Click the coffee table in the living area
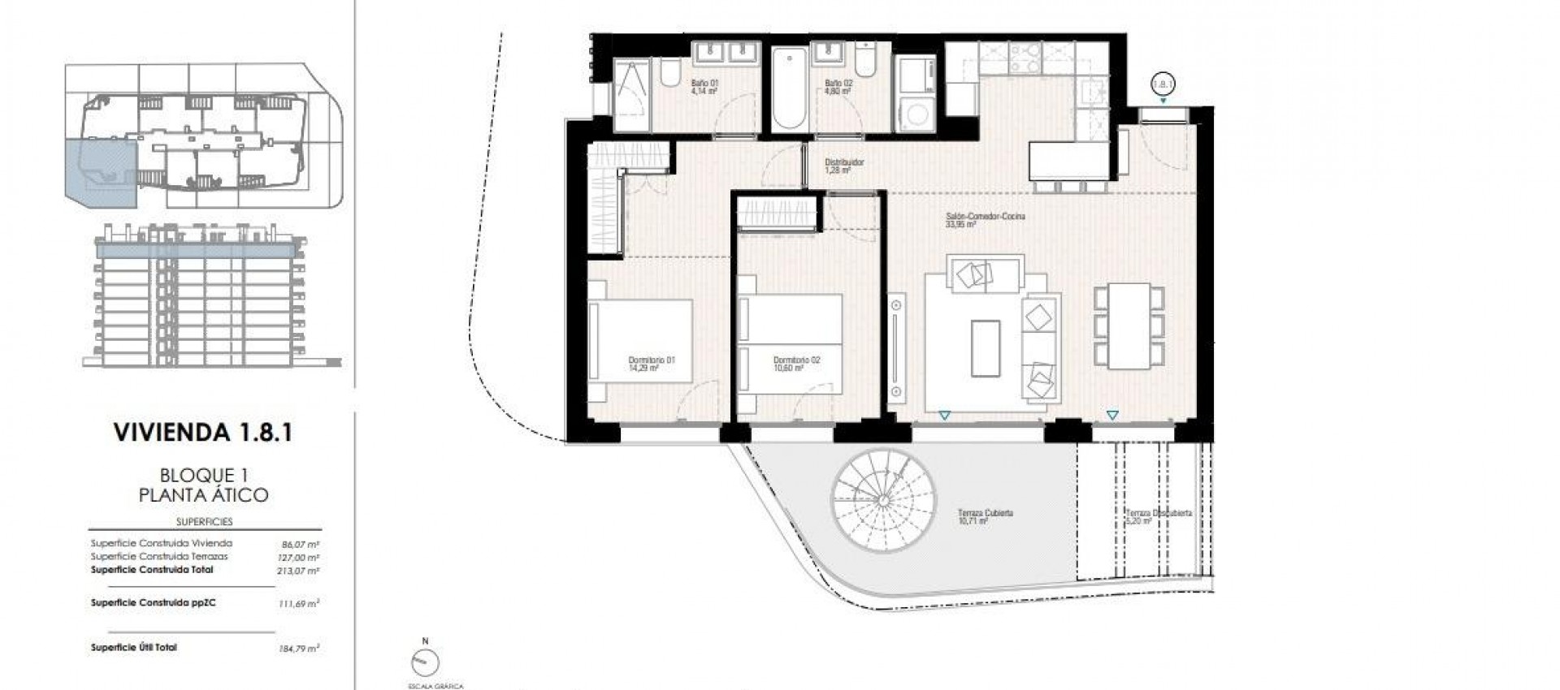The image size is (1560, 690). click(986, 347)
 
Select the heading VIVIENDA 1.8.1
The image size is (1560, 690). click(203, 432)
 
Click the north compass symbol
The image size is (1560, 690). click(423, 662)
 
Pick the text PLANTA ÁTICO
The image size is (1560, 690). click(203, 494)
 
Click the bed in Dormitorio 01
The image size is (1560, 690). click(642, 341)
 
